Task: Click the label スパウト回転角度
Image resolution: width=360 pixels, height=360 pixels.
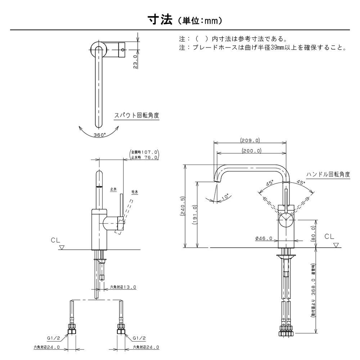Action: (x=136, y=116)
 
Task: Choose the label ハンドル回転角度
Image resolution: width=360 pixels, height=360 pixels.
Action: (x=328, y=174)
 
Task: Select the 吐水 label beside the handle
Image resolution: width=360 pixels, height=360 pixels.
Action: (x=135, y=192)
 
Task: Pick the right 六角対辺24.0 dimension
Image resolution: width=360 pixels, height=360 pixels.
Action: (x=146, y=347)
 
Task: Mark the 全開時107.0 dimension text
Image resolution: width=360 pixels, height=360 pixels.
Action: (x=145, y=152)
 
